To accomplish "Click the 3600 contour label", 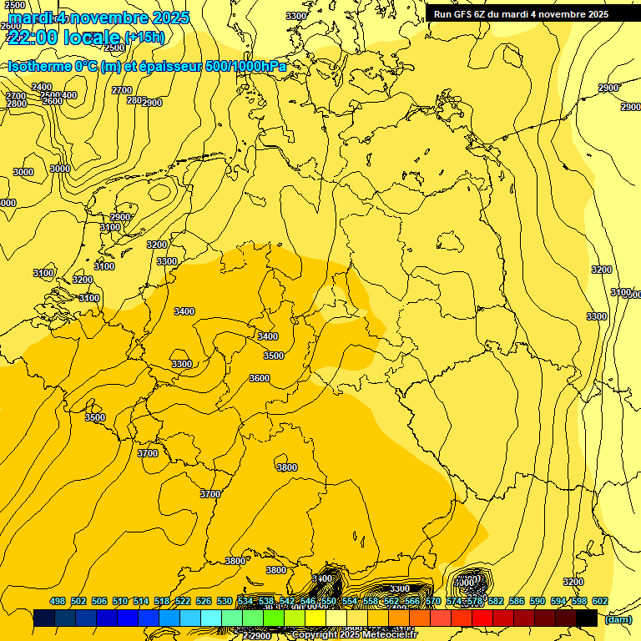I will (260, 378).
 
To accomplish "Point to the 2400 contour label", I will (42, 87).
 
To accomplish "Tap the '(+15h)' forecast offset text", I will (144, 37).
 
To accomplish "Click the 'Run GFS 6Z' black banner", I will (521, 14).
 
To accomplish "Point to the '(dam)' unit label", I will (618, 619).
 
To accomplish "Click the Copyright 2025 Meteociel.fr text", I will (354, 635).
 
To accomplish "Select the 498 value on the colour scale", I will (58, 601).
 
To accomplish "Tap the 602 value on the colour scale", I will (599, 601).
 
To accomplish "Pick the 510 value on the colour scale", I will (120, 601).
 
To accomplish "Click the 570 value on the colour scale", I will (432, 601).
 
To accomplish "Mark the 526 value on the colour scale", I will (204, 601).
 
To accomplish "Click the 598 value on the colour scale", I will (578, 601).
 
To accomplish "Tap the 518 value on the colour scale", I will (162, 601).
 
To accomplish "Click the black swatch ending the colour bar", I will (587, 618).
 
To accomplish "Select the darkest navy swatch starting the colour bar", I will (44, 618).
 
